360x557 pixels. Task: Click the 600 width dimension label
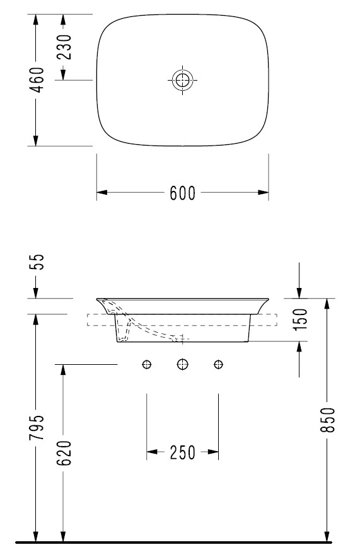(182, 193)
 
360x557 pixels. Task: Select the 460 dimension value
(37, 80)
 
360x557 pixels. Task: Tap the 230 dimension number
(64, 47)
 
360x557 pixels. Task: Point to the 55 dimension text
(37, 262)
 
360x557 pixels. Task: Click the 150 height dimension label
(300, 319)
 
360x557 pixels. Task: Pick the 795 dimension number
(37, 427)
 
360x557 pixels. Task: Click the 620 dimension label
(64, 453)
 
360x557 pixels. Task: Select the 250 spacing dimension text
(182, 452)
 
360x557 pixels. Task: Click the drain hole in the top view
(182, 80)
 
